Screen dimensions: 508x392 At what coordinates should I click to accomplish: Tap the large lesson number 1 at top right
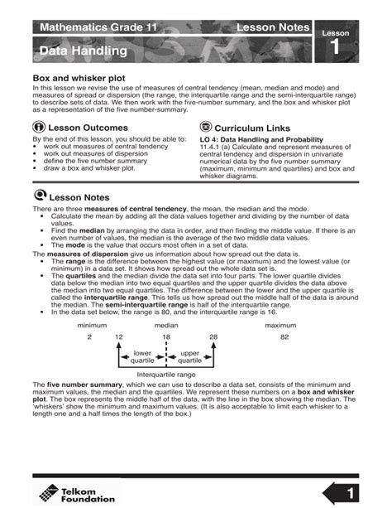point(335,47)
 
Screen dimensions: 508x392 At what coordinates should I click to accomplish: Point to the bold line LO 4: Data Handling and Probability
point(265,139)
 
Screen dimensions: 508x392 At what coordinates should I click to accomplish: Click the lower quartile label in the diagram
point(142,356)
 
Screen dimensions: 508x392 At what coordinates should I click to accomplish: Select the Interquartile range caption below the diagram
point(166,375)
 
